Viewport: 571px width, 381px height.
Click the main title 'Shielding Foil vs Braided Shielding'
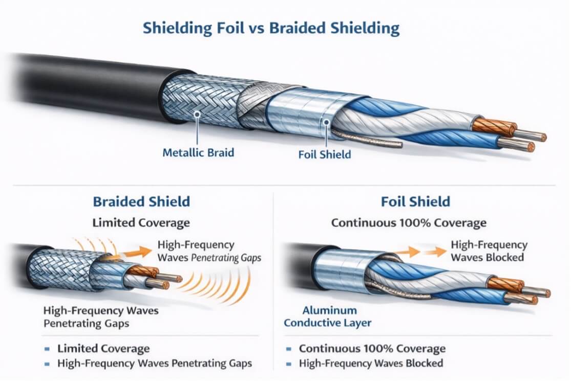(271, 28)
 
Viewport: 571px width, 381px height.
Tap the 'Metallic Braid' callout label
(198, 152)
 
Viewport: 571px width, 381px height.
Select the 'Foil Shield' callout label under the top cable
(325, 154)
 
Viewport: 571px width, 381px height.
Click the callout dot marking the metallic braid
(197, 115)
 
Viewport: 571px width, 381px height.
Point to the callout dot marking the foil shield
(327, 122)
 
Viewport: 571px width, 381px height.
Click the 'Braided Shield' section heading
(141, 201)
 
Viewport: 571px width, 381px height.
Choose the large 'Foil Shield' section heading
(415, 201)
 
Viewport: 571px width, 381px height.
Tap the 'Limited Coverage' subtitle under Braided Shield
(141, 222)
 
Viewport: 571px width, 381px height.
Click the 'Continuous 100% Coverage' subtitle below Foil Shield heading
(409, 222)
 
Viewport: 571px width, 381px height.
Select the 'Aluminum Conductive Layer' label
(327, 316)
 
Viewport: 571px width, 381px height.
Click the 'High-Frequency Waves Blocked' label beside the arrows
(489, 251)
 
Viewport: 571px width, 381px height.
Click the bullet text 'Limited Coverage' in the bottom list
(103, 348)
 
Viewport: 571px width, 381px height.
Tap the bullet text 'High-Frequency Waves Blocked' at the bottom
(371, 363)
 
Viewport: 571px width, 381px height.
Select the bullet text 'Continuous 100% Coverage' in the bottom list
(372, 348)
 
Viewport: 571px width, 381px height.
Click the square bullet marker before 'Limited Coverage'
(47, 349)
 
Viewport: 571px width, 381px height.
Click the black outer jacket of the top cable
(91, 87)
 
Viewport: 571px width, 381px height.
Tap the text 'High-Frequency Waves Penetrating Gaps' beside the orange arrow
(209, 251)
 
